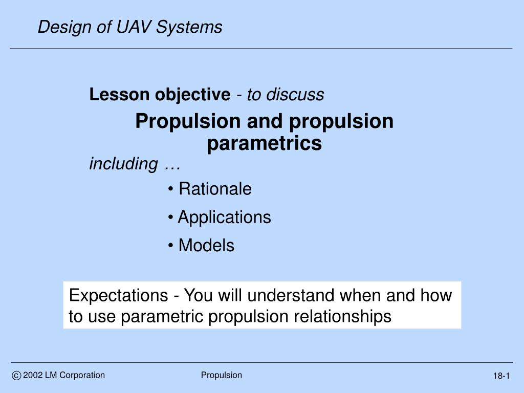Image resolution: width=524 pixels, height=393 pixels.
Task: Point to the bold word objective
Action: coord(192,95)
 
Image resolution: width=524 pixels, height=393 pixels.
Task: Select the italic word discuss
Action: coord(295,95)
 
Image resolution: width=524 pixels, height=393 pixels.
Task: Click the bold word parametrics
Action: coord(265,143)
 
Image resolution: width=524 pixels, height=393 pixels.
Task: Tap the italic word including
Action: coord(123,164)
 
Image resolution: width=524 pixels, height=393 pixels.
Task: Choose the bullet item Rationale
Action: coord(215,189)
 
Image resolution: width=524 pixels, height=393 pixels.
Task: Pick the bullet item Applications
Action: coord(224,217)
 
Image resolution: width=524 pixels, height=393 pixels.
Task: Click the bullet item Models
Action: coord(206,245)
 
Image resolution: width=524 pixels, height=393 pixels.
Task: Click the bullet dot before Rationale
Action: coord(171,189)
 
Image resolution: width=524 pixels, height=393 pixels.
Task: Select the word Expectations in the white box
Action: coord(118,295)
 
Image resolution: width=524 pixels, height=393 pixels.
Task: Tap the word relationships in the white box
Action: coord(342,316)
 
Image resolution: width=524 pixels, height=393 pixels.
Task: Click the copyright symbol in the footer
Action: coord(16,376)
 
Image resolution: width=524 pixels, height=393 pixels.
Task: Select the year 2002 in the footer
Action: coord(33,375)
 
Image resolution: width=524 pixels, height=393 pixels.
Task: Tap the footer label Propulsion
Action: coord(221,376)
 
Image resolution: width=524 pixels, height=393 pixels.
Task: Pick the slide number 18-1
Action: coord(501,376)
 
